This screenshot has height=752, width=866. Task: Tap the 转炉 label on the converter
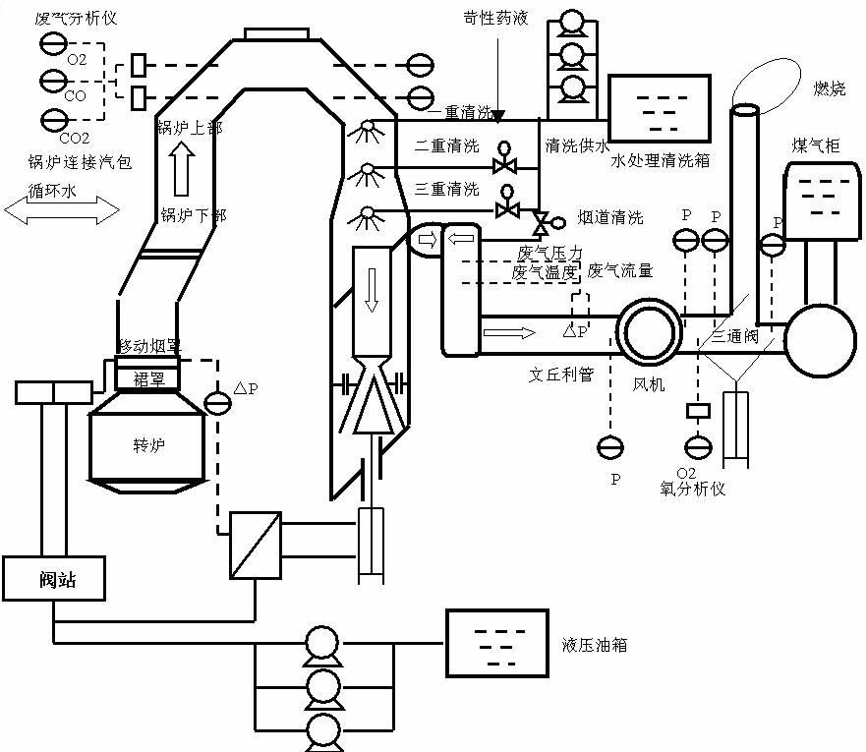pyautogui.click(x=149, y=445)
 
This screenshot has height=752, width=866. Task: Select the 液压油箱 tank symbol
pyautogui.click(x=497, y=643)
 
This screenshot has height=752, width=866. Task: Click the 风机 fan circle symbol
pyautogui.click(x=649, y=330)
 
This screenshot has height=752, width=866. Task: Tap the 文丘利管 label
pyautogui.click(x=561, y=375)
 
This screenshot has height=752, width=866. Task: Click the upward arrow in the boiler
pyautogui.click(x=180, y=169)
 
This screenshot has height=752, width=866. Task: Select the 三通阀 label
pyautogui.click(x=736, y=335)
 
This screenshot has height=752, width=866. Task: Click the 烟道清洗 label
pyautogui.click(x=610, y=217)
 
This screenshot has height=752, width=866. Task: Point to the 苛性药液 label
pyautogui.click(x=495, y=17)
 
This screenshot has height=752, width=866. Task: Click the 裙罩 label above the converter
pyautogui.click(x=148, y=378)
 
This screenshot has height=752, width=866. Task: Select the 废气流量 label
pyautogui.click(x=620, y=269)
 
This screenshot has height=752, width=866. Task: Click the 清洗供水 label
pyautogui.click(x=577, y=145)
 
